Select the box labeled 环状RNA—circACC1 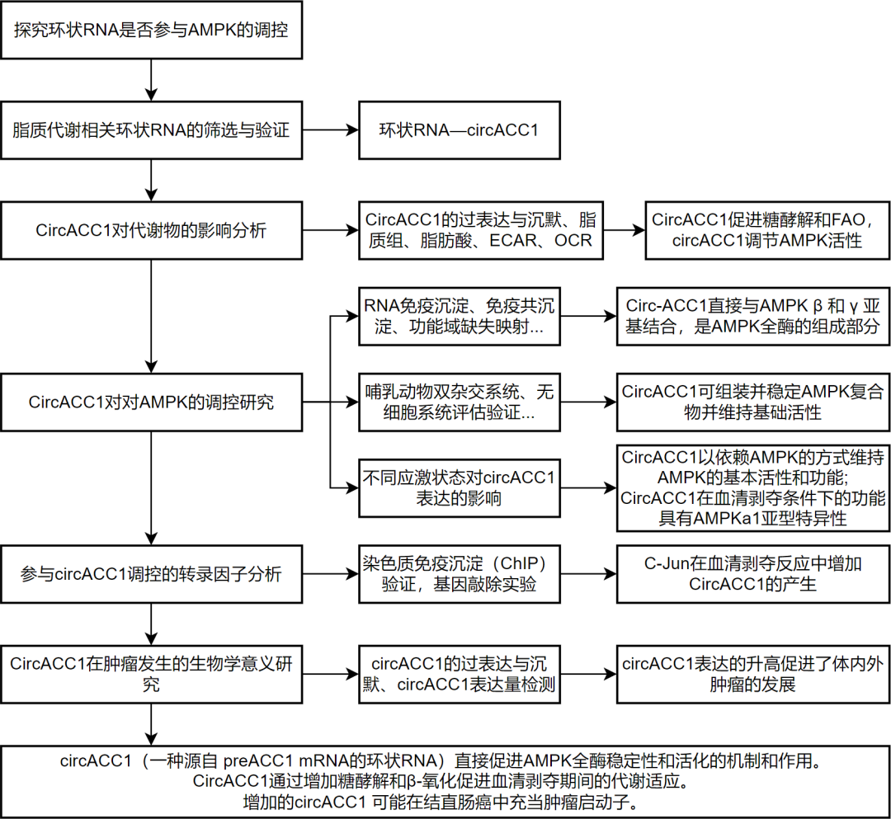(458, 129)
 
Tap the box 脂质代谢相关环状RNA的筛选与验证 (151, 129)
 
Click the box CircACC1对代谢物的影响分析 (151, 230)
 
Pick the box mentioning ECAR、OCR (480, 230)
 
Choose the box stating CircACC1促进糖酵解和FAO (766, 230)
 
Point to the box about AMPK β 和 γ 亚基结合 (752, 316)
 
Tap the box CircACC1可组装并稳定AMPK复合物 (752, 402)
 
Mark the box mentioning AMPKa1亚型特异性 (752, 487)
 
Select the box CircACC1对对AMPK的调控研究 (151, 402)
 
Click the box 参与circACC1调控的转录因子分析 (151, 574)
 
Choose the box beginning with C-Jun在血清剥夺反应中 (752, 574)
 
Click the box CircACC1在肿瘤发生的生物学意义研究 (151, 674)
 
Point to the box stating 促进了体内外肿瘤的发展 (752, 674)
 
